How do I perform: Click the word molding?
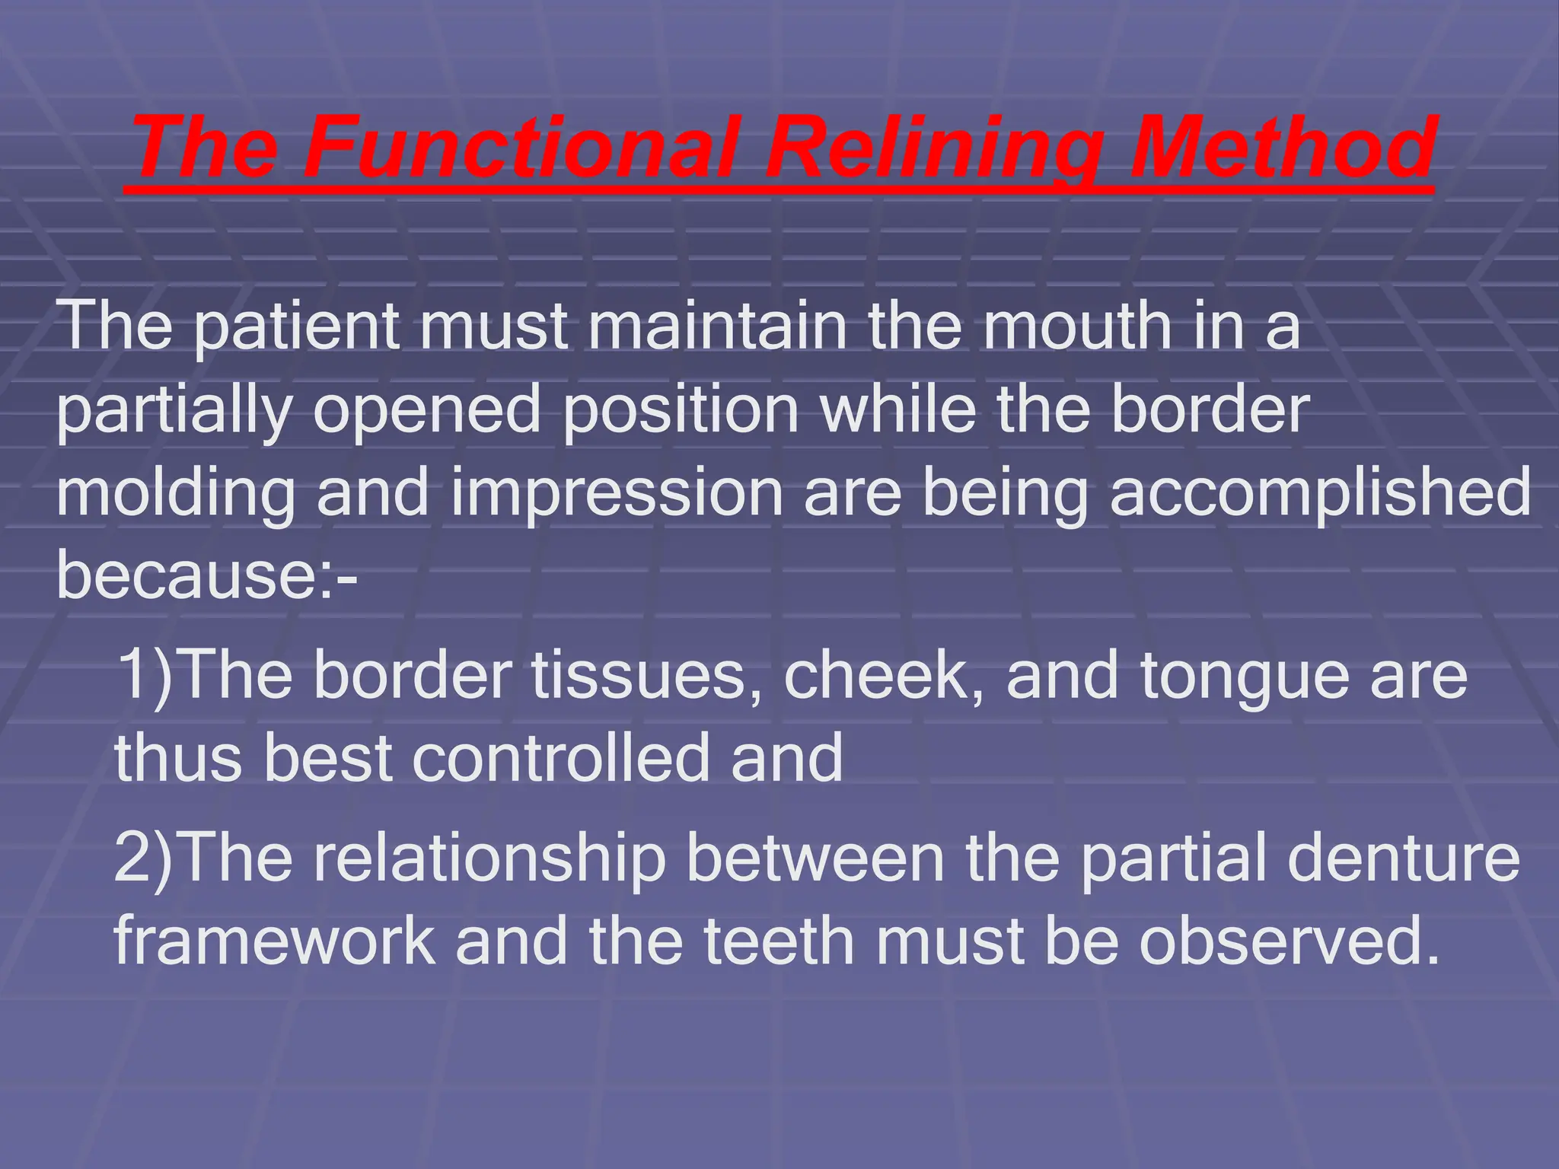(x=175, y=494)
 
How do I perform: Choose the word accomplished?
(x=1320, y=494)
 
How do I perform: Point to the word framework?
(x=275, y=941)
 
